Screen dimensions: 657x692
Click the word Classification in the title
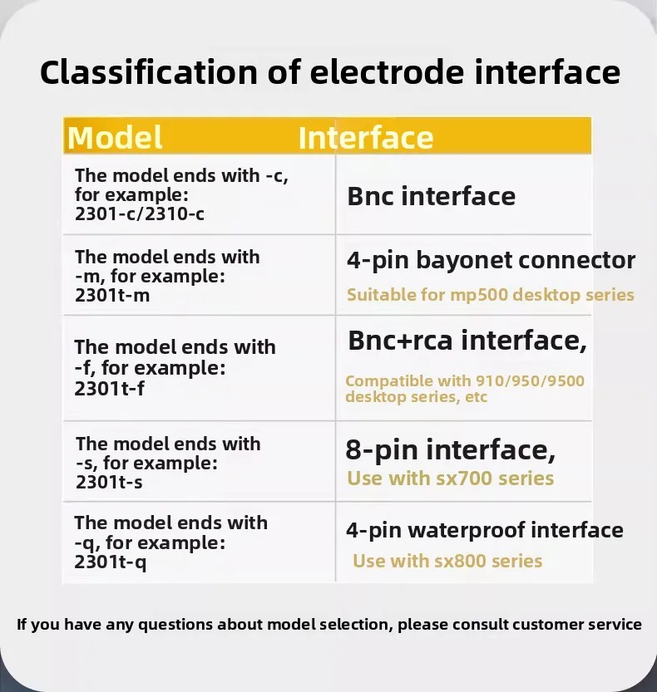149,72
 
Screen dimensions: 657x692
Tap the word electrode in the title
387,72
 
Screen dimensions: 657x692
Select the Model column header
115,137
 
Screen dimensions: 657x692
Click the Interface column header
366,137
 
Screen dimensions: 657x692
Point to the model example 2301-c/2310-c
140,214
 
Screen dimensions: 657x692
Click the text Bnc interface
432,196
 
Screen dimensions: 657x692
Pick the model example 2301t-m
112,295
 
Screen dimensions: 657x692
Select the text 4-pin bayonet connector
491,260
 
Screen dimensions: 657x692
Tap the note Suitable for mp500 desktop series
491,295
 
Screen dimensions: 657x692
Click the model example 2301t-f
109,389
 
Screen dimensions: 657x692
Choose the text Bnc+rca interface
467,341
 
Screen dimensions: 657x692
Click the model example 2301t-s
109,483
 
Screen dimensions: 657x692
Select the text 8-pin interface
450,450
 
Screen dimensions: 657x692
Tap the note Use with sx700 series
450,479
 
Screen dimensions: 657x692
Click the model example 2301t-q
111,562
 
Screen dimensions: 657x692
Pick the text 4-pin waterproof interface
485,531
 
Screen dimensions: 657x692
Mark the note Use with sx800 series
447,561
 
